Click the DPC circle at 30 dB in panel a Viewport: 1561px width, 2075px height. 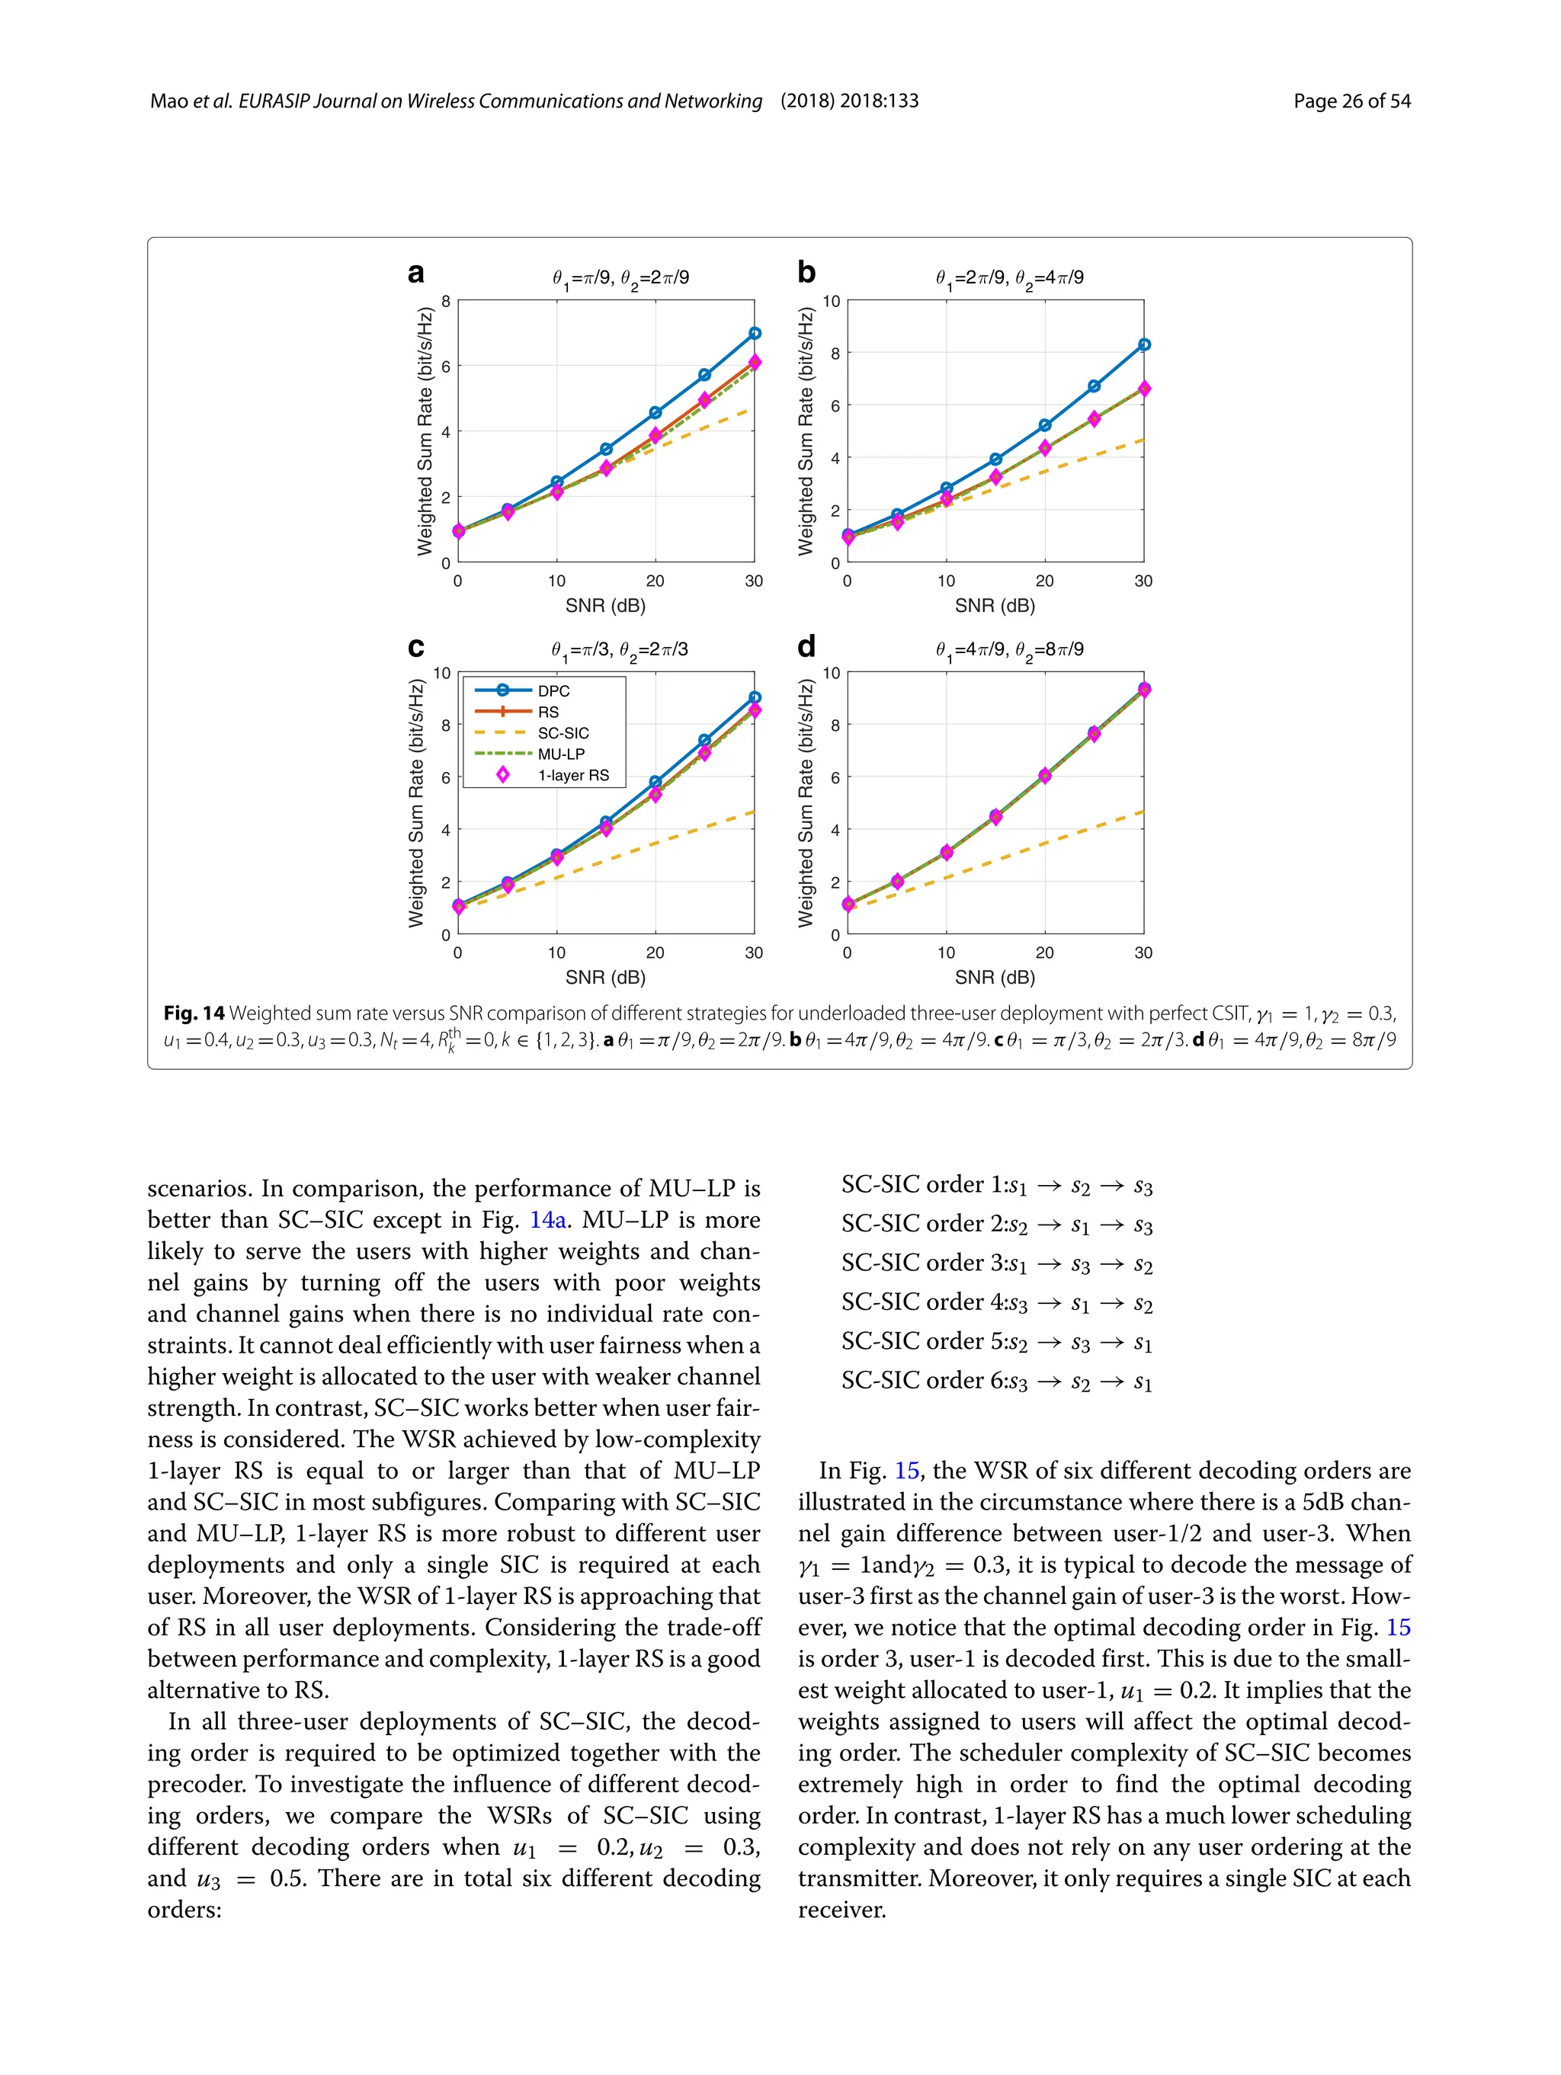click(x=755, y=333)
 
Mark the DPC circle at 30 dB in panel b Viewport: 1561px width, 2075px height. click(x=1143, y=345)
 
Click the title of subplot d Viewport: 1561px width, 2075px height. click(x=1008, y=650)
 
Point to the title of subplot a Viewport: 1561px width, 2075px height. click(x=620, y=277)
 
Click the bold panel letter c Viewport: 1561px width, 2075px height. click(x=415, y=647)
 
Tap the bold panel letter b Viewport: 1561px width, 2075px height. click(x=806, y=272)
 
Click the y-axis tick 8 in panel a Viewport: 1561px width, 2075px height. click(x=447, y=301)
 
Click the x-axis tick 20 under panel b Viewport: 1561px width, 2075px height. click(x=1044, y=581)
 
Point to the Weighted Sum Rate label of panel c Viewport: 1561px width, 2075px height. click(x=415, y=803)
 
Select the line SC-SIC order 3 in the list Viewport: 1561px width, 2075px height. click(x=996, y=1263)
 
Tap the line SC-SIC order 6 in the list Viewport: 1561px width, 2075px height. click(x=996, y=1381)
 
